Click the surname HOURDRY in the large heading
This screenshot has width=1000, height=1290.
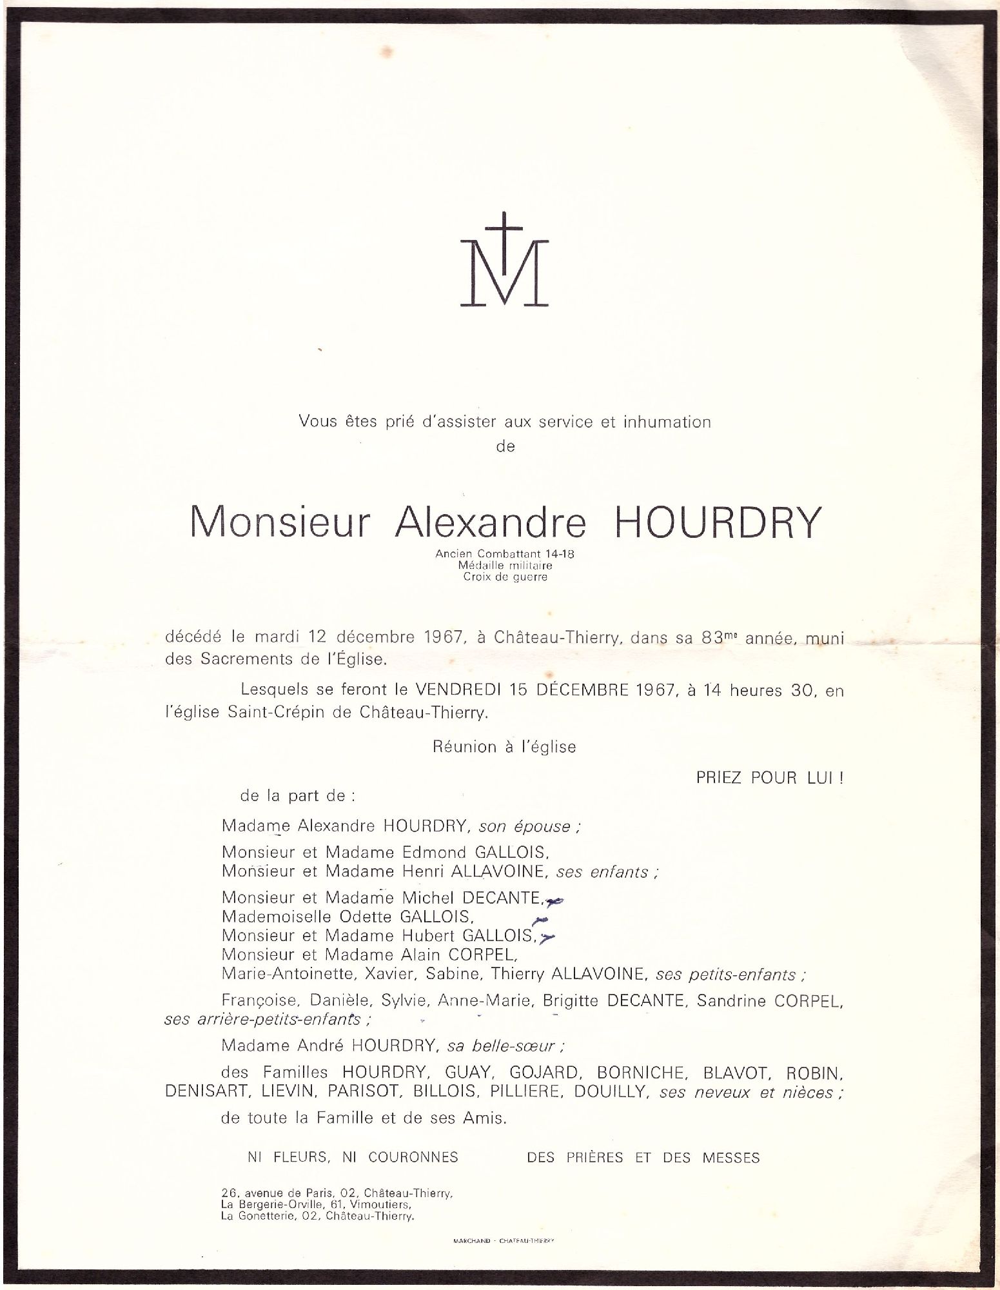(x=715, y=522)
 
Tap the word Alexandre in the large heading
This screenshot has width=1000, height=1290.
(x=489, y=522)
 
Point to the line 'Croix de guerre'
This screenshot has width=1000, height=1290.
(x=505, y=577)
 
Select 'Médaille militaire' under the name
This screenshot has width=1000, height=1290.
(x=505, y=565)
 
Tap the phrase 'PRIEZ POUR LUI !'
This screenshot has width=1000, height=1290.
(x=769, y=778)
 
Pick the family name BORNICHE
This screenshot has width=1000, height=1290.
(x=640, y=1073)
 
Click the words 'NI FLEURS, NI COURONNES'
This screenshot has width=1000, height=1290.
(x=353, y=1157)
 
